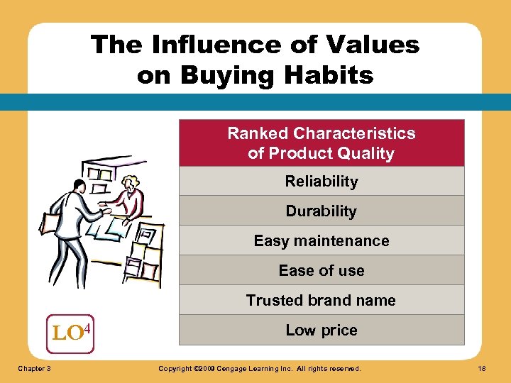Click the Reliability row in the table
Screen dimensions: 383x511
(x=322, y=182)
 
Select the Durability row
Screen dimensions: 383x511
(x=322, y=211)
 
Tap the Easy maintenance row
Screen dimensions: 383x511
(x=322, y=241)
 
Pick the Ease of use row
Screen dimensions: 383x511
(x=322, y=271)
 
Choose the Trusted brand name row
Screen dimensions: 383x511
(x=322, y=301)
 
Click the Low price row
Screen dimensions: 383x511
(x=322, y=331)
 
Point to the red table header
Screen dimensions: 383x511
(x=322, y=143)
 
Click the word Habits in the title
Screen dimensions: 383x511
(x=332, y=75)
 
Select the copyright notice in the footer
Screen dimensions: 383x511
(x=259, y=369)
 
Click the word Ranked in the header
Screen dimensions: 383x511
(x=258, y=133)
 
